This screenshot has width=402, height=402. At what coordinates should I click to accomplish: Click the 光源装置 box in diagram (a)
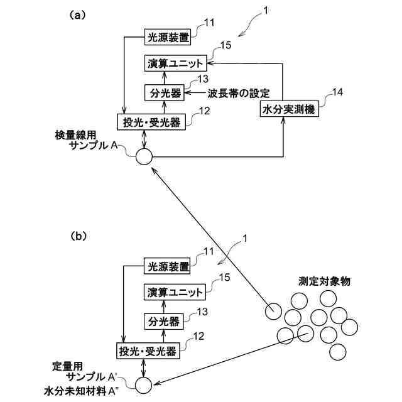(166, 36)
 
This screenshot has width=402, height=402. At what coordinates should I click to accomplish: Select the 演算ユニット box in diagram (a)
(176, 63)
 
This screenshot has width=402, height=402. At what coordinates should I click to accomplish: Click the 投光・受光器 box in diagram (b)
(149, 349)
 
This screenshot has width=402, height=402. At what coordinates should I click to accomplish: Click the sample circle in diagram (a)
(143, 156)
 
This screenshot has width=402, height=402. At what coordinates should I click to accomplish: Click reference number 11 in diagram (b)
(209, 252)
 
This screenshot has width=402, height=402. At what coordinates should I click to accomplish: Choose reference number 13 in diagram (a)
(202, 79)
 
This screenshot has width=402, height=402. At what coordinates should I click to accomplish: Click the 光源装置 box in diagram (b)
(166, 266)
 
